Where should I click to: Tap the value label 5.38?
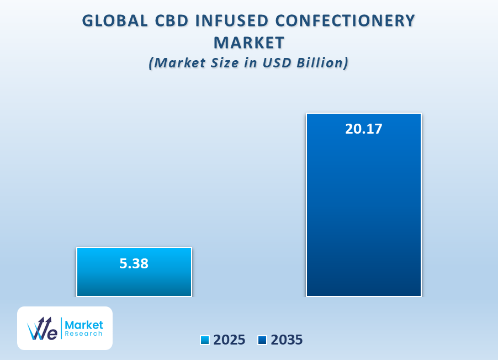pos(134,264)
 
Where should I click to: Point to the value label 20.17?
pos(364,129)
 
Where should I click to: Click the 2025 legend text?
pos(229,340)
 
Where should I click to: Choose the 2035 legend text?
pos(287,340)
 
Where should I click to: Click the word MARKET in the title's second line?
pos(249,43)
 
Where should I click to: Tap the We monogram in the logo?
pos(43,329)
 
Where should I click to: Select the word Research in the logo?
pos(83,333)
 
